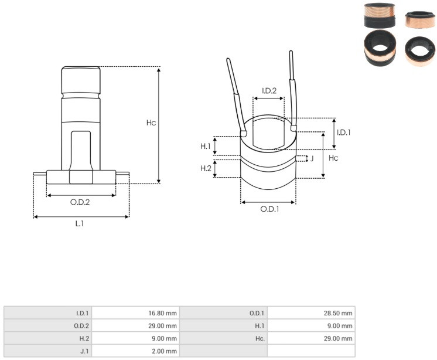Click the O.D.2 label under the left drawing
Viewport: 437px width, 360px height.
pos(80,202)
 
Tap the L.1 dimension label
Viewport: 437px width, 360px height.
pos(80,223)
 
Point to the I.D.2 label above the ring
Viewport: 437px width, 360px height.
pos(269,91)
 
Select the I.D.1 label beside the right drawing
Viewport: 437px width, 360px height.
pos(344,133)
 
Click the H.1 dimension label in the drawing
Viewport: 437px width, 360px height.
pos(206,146)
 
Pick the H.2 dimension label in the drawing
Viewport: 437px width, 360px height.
pos(206,168)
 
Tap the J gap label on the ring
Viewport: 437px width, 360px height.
pos(312,159)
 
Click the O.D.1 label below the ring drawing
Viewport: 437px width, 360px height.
pos(269,209)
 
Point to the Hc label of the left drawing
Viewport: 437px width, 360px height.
pos(151,123)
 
